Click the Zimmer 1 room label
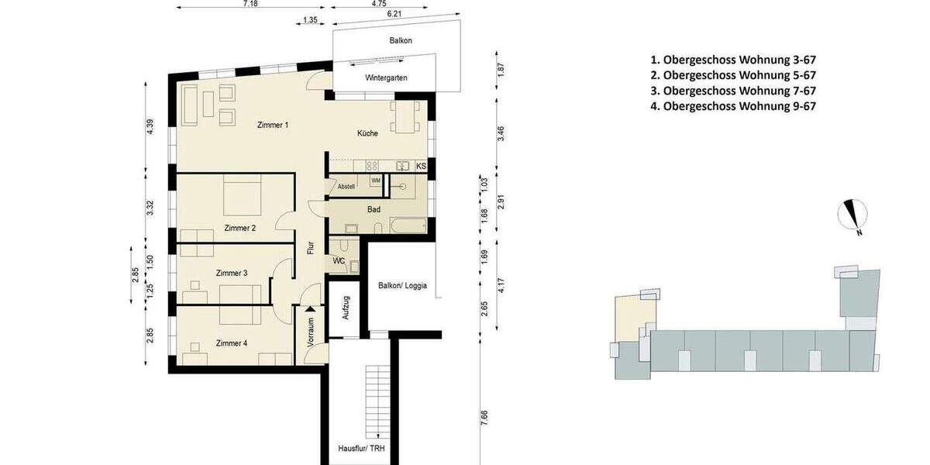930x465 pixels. pos(273,125)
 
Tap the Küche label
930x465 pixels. pos(367,133)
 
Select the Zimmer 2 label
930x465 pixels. pos(239,228)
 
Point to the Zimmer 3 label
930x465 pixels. pos(231,273)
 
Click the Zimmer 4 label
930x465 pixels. pos(231,343)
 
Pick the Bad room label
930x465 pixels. pos(374,209)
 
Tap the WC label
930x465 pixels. pos(339,260)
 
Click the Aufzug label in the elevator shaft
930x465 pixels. pos(346,308)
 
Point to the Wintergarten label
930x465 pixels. pos(386,77)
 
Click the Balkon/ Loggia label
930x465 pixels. pos(402,285)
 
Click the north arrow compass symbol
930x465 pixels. pos(853,215)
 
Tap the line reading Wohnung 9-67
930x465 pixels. pos(732,107)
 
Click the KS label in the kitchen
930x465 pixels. pos(421,166)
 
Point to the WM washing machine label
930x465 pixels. pos(376,181)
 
